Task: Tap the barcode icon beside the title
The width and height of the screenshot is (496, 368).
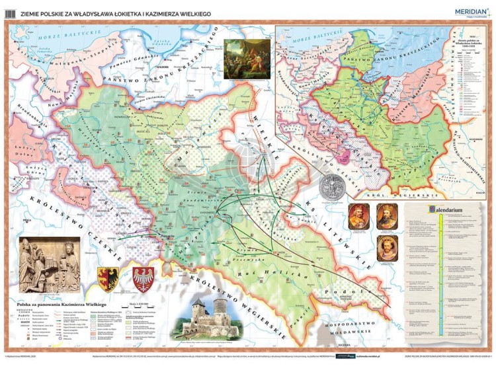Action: pos(9,11)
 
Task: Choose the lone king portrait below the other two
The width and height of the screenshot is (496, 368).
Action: pos(386,250)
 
